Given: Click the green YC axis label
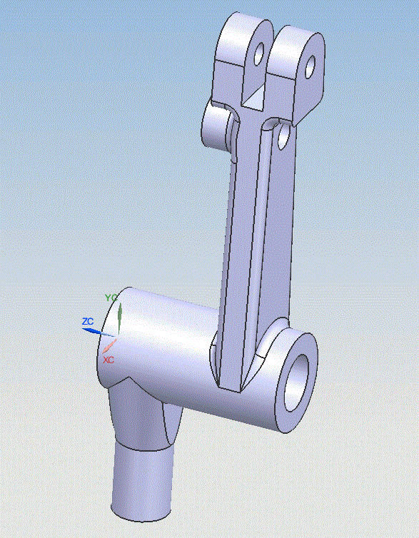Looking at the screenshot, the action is pos(111,298).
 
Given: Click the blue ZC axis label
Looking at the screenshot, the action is pos(88,322).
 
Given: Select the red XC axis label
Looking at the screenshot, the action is pos(108,360).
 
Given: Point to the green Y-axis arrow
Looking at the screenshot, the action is pos(120,317).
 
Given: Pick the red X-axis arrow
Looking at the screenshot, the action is pos(109,346).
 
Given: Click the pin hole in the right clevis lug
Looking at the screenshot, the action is pos(310,66).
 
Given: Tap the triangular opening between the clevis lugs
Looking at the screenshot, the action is pos(255,98).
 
